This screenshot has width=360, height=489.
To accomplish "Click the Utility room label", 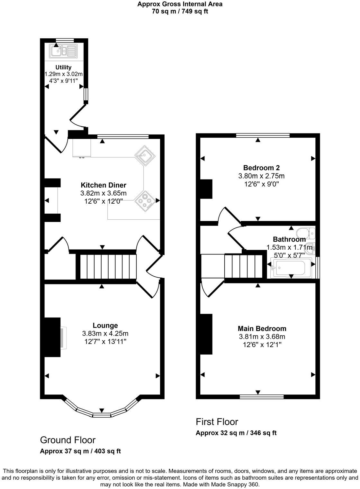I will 63,67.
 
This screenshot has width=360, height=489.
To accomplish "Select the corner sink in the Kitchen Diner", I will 145,156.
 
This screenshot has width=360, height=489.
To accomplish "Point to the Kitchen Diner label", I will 103,185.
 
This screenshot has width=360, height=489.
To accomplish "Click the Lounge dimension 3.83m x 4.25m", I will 105,334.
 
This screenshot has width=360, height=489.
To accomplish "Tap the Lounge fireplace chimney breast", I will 52,337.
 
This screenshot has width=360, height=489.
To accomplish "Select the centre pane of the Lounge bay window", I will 102,415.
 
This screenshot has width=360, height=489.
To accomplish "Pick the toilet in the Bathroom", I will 306,233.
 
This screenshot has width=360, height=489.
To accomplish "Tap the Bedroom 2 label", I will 261,168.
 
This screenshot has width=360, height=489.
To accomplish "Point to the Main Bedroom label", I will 262,328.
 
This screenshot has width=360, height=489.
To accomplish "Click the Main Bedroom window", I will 262,397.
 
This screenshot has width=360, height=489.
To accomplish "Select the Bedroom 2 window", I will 263,135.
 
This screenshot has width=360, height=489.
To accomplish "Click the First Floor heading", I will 217,422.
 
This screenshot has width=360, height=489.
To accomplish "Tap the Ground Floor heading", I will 67,440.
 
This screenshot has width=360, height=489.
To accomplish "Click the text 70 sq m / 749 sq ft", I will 180,12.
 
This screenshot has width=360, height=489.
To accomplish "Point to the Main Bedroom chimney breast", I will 206,334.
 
